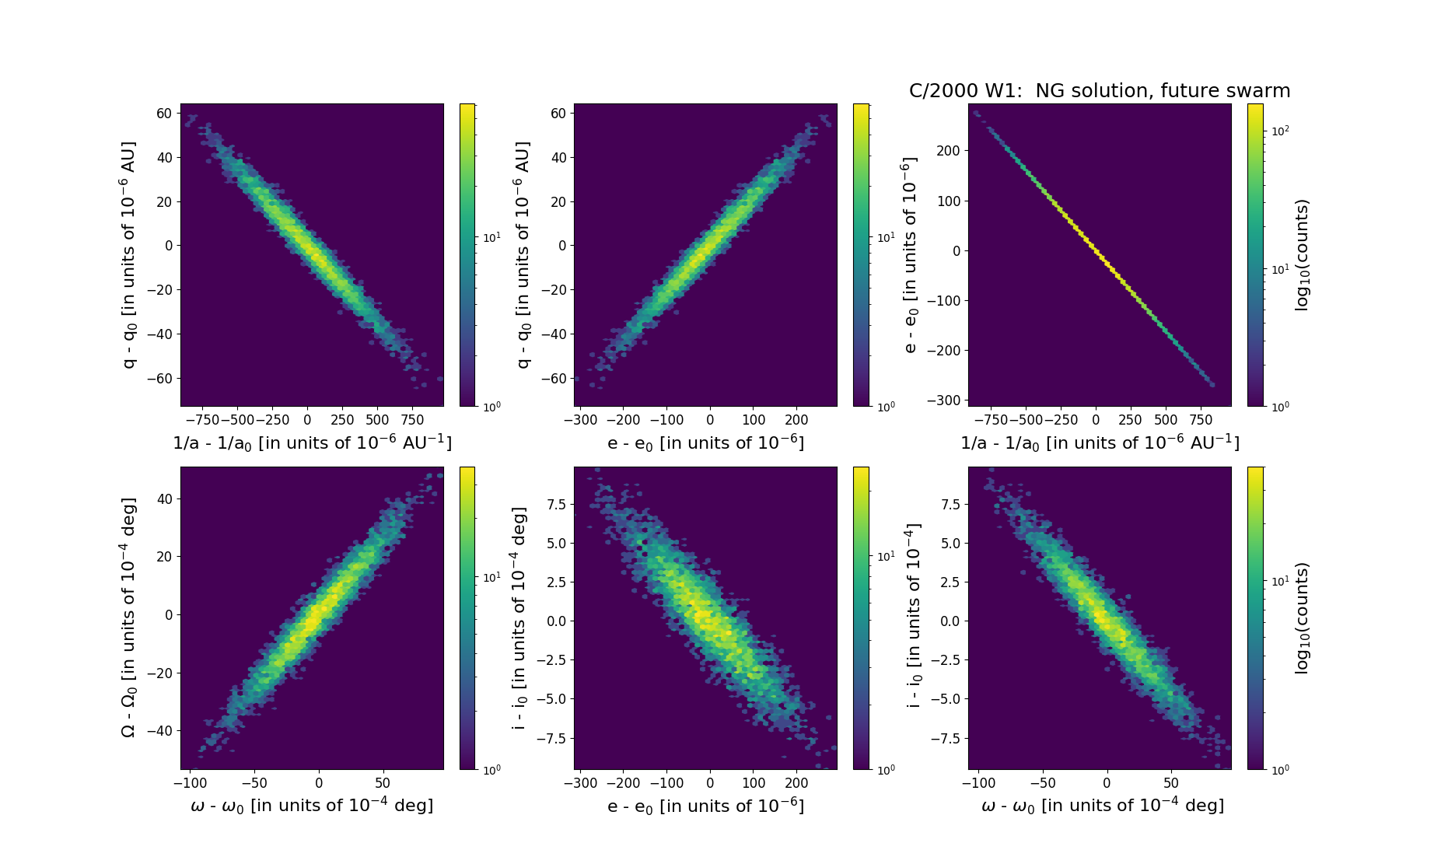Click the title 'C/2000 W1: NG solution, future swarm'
coord(1099,91)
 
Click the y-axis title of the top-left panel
coord(129,254)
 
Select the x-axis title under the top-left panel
coord(312,442)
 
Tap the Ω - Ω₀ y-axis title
coord(129,617)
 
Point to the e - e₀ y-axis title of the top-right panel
coord(911,254)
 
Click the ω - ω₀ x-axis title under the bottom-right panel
coord(1103,806)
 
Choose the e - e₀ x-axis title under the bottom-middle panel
coord(705,806)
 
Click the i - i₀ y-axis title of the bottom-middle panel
coord(519,617)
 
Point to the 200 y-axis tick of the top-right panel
coord(948,151)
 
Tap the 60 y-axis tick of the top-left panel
coord(164,114)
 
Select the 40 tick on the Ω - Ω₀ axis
coord(164,499)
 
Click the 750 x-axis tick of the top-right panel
coord(1201,420)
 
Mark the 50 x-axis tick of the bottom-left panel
coord(383,783)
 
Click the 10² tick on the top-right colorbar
coord(1280,131)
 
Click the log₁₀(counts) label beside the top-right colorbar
coord(1302,254)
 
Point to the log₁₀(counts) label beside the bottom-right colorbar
coord(1302,617)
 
